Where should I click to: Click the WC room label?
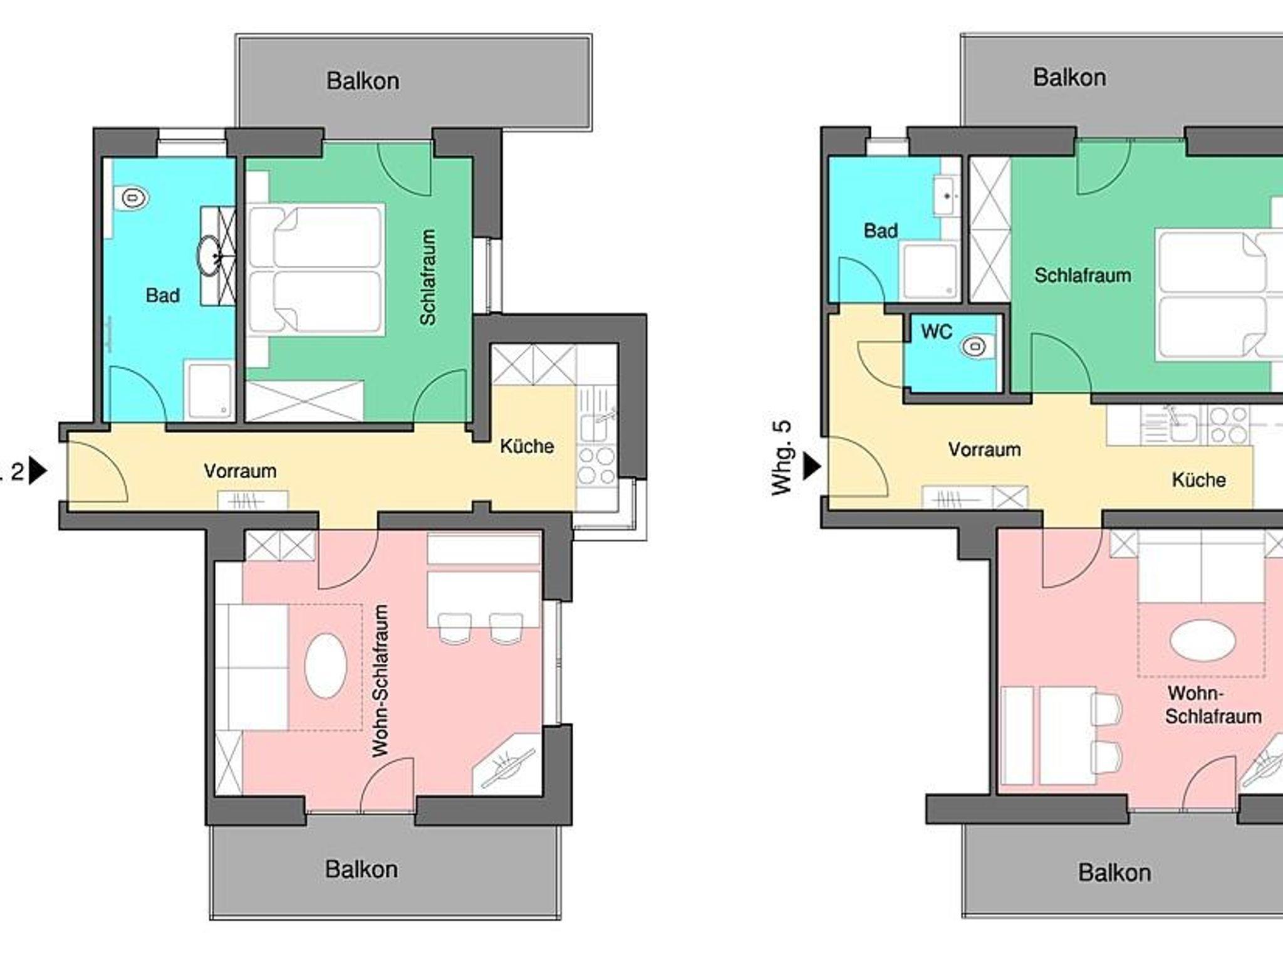coord(937,332)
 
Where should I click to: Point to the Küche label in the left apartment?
coord(527,446)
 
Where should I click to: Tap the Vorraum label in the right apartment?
coord(984,449)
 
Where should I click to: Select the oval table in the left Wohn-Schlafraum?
coord(325,667)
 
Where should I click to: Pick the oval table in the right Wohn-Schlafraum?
coord(1202,641)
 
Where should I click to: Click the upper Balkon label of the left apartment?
coord(363,81)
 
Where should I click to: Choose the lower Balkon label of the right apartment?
coord(1114,872)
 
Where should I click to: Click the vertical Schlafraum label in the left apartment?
coord(428,277)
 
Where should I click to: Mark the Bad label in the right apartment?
coord(881,231)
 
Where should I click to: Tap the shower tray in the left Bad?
coord(209,389)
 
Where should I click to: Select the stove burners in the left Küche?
coord(596,465)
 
